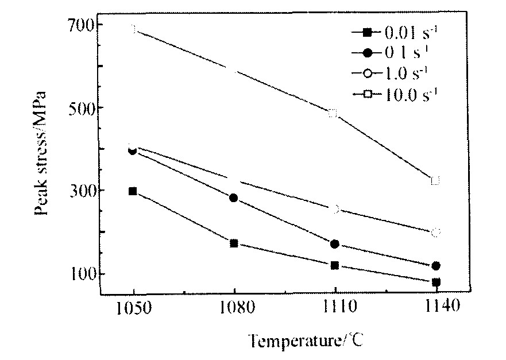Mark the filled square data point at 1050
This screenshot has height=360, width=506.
[133, 191]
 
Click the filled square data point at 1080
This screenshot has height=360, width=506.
[234, 243]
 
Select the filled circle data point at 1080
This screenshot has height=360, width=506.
[234, 198]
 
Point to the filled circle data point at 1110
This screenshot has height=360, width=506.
[335, 244]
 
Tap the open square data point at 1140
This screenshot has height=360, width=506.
[435, 180]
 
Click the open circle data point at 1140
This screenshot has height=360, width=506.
[435, 233]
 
